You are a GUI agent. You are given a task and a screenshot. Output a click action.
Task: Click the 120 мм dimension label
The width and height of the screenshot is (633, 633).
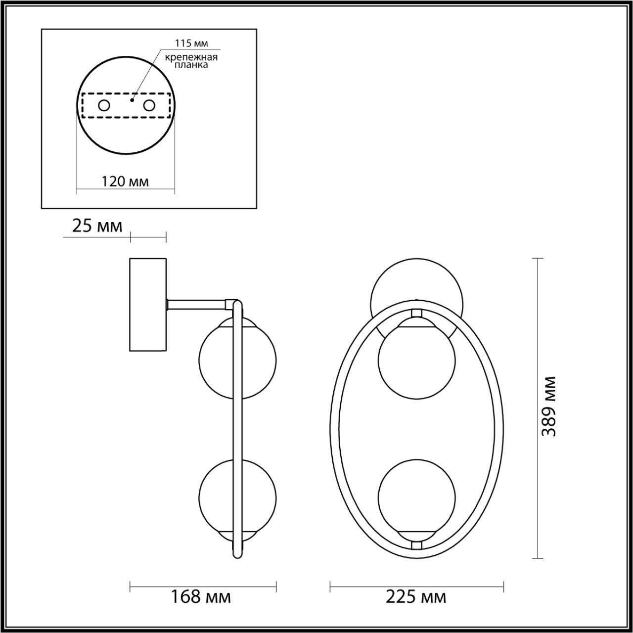pyautogui.click(x=125, y=181)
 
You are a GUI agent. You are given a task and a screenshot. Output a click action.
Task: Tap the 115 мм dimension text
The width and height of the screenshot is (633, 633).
pyautogui.click(x=194, y=43)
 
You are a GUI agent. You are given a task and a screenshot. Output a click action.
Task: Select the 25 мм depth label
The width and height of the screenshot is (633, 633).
pyautogui.click(x=97, y=226)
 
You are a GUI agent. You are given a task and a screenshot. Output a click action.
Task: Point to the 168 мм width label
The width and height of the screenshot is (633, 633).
pyautogui.click(x=201, y=597)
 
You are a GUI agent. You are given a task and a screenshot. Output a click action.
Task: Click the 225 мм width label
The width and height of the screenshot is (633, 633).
pyautogui.click(x=416, y=597)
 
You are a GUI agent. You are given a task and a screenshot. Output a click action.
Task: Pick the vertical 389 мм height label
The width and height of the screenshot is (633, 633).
pyautogui.click(x=549, y=406)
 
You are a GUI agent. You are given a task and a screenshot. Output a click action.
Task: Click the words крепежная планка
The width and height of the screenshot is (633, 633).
pyautogui.click(x=191, y=61)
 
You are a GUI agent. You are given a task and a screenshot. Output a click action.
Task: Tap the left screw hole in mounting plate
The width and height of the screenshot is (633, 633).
pyautogui.click(x=104, y=105)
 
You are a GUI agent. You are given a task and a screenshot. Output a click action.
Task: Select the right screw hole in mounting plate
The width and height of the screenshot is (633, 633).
pyautogui.click(x=149, y=105)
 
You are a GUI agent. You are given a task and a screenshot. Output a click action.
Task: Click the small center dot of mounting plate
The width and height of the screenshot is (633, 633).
pyautogui.click(x=132, y=99)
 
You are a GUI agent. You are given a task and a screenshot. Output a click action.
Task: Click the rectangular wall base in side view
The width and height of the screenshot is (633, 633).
pyautogui.click(x=148, y=305)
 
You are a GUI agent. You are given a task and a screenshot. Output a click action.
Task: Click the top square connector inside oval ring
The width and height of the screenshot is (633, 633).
pyautogui.click(x=417, y=313)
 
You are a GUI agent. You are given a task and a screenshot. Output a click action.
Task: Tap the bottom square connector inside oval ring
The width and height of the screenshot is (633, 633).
pyautogui.click(x=417, y=544)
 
